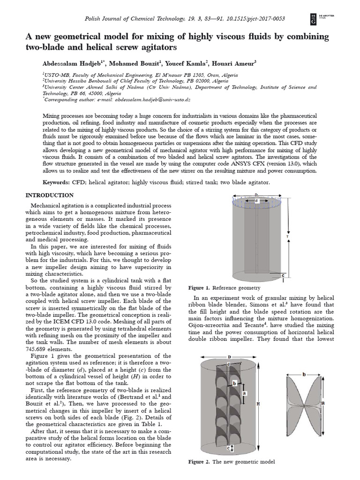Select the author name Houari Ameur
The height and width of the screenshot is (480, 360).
tap(235, 63)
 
